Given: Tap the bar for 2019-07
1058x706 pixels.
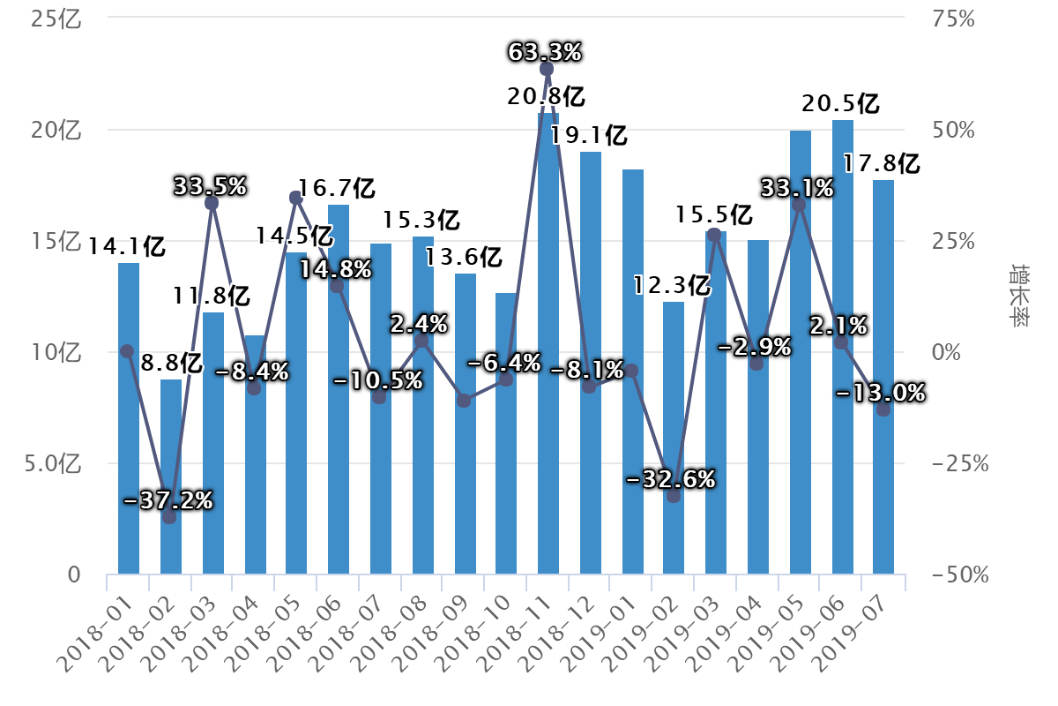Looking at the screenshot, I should [883, 379].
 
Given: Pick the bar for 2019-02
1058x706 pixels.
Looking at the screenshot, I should [674, 441].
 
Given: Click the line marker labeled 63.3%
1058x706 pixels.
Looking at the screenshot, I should [547, 69].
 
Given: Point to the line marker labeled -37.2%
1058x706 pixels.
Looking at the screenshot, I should [169, 517].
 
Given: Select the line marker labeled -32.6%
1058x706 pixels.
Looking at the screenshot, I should [674, 496].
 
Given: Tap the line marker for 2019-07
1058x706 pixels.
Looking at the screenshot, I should [883, 409].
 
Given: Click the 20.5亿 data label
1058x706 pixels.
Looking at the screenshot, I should [840, 103].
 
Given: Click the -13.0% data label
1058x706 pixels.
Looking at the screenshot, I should [880, 393].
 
